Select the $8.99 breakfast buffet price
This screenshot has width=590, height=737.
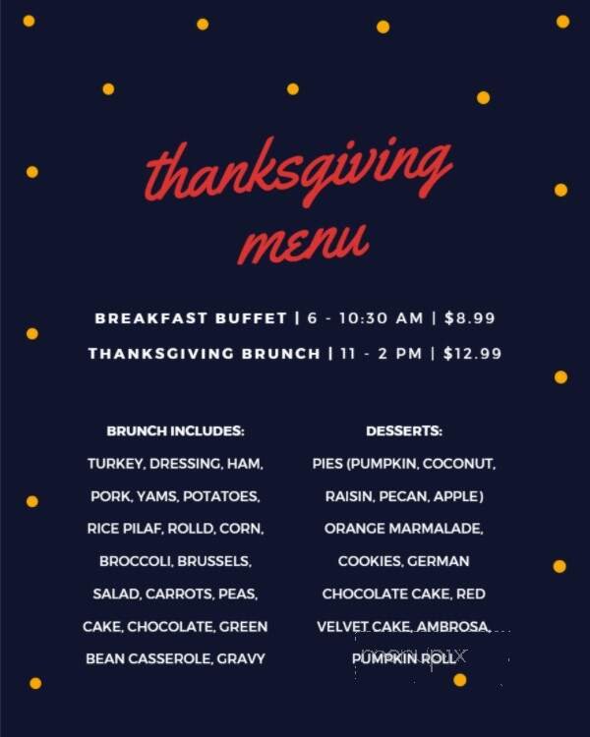(x=470, y=317)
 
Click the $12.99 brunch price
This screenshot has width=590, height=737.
(x=473, y=353)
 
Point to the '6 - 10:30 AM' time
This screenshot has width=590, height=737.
(x=364, y=317)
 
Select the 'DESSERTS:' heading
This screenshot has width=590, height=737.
(x=404, y=430)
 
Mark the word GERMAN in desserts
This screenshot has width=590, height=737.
(x=440, y=561)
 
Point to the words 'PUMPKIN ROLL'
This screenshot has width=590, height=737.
(x=404, y=658)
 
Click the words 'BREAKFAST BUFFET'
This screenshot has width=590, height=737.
(x=191, y=317)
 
